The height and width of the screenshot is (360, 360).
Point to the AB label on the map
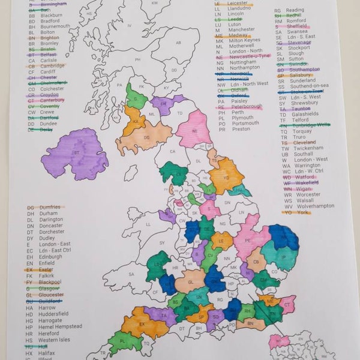(x=178, y=43)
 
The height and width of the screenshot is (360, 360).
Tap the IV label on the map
(x=129, y=26)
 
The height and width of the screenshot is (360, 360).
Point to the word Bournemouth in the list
(x=55, y=26)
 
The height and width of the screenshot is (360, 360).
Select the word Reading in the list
(x=295, y=10)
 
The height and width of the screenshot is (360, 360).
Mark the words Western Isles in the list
(x=56, y=340)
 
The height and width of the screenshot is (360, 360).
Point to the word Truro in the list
(x=300, y=137)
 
